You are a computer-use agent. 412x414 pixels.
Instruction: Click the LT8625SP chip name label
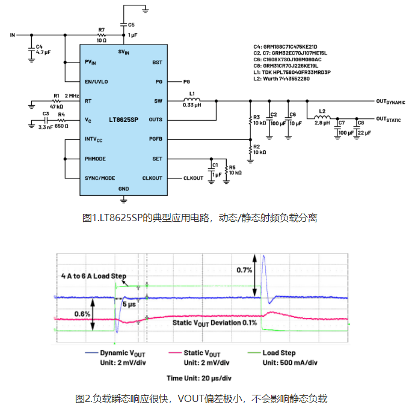[x=123, y=120]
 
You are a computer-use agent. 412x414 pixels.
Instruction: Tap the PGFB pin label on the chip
[x=155, y=139]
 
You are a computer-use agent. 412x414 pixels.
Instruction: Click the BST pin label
[x=157, y=62]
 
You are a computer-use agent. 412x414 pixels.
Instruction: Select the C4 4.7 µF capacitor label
[x=42, y=50]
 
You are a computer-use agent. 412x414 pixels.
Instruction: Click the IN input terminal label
[x=12, y=35]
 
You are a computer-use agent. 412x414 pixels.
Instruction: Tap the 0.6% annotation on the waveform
[x=84, y=313]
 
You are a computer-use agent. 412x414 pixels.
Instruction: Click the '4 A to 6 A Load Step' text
[x=94, y=276]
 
